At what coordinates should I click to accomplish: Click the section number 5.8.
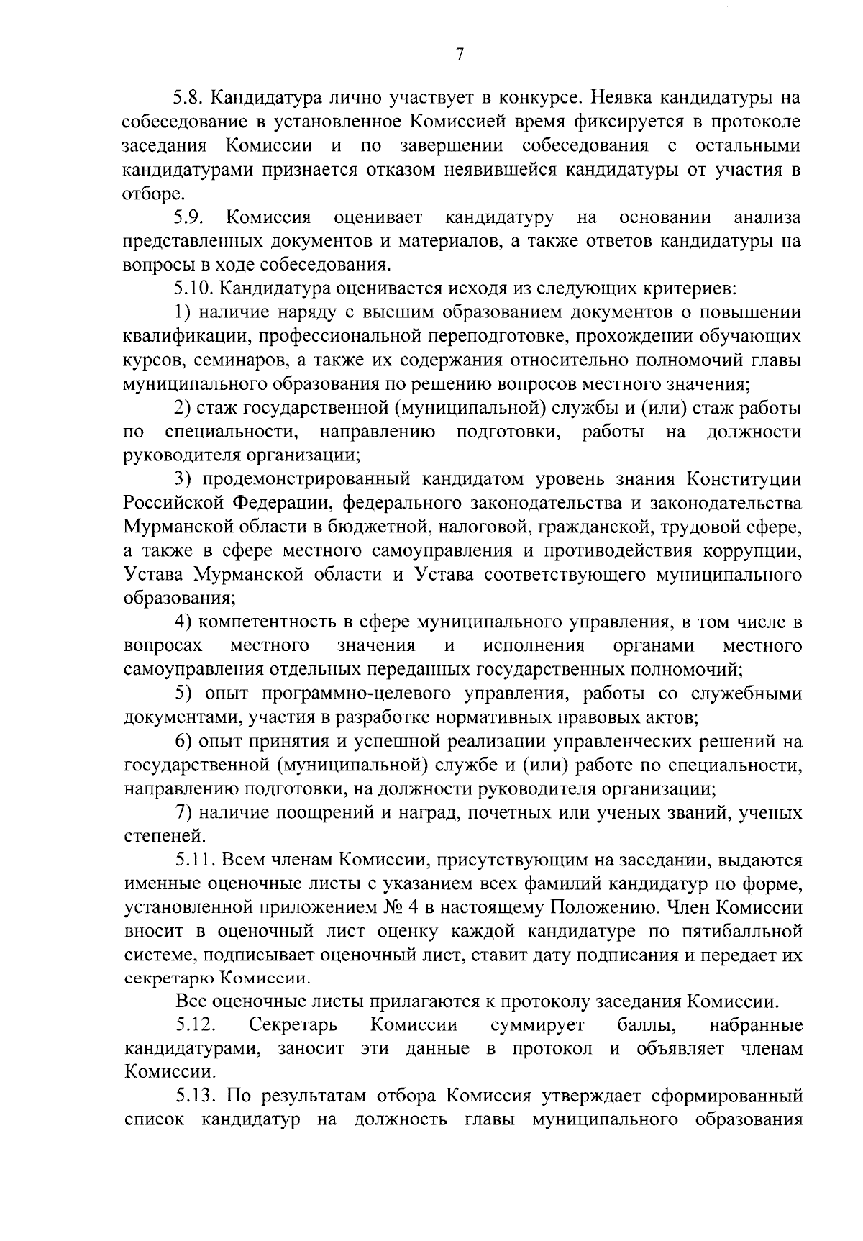pos(190,98)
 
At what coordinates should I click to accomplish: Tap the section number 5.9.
pos(190,217)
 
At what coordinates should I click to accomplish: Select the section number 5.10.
pos(193,288)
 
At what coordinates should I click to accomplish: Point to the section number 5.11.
pos(193,860)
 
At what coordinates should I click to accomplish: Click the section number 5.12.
pos(193,1025)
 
